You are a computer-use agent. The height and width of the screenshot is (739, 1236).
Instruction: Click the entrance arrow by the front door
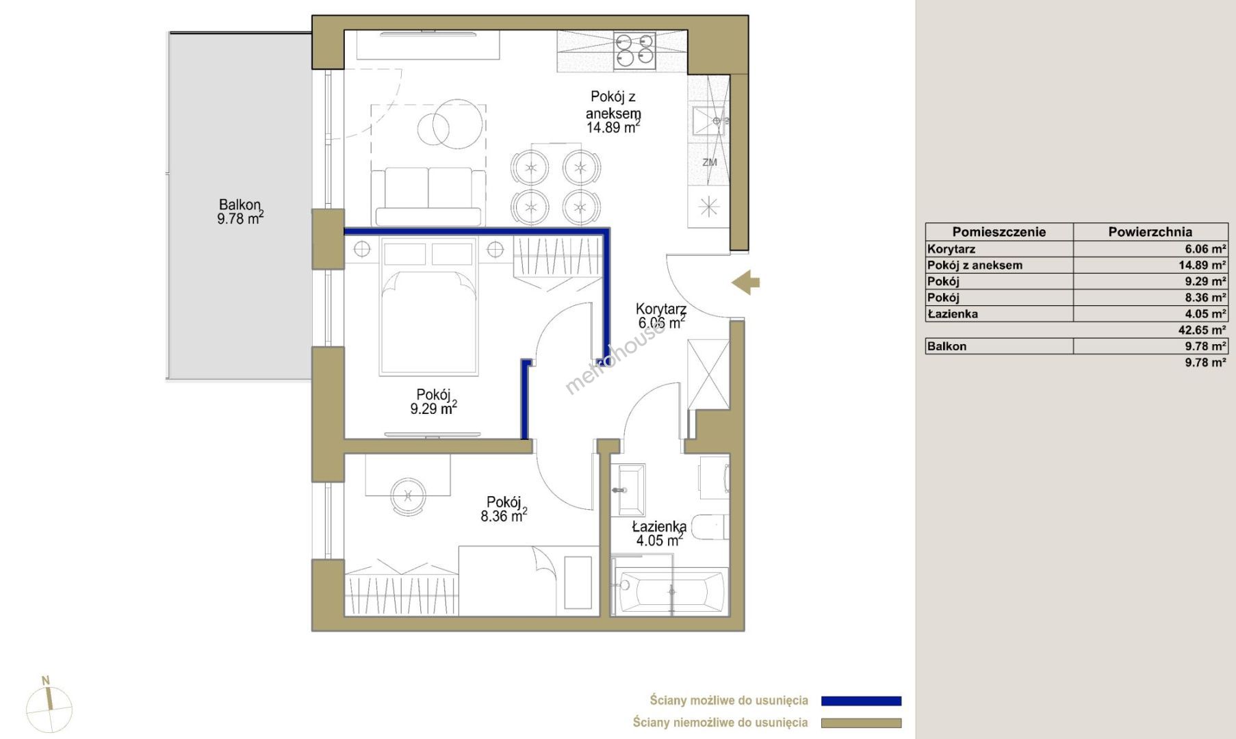point(745,282)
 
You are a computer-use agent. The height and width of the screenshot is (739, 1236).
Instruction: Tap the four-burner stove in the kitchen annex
point(634,51)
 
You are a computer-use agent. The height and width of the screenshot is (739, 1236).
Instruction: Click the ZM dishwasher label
point(710,162)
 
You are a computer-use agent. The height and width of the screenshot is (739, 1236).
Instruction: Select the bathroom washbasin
point(631,490)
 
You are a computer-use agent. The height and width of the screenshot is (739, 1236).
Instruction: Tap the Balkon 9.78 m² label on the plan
point(240,211)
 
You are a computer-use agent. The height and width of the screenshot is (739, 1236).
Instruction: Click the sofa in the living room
point(428,196)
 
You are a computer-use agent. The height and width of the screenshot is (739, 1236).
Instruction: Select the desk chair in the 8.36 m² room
point(408,495)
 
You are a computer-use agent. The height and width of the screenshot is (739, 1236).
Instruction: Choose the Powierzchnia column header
point(1150,232)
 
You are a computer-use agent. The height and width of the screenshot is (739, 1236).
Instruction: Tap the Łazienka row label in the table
point(953,314)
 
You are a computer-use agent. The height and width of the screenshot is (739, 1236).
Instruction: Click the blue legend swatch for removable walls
point(861,701)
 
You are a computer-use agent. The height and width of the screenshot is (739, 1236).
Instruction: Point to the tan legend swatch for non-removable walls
point(861,723)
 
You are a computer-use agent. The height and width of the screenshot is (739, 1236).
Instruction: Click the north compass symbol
point(49,707)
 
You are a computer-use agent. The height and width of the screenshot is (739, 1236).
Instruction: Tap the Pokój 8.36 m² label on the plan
point(504,509)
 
